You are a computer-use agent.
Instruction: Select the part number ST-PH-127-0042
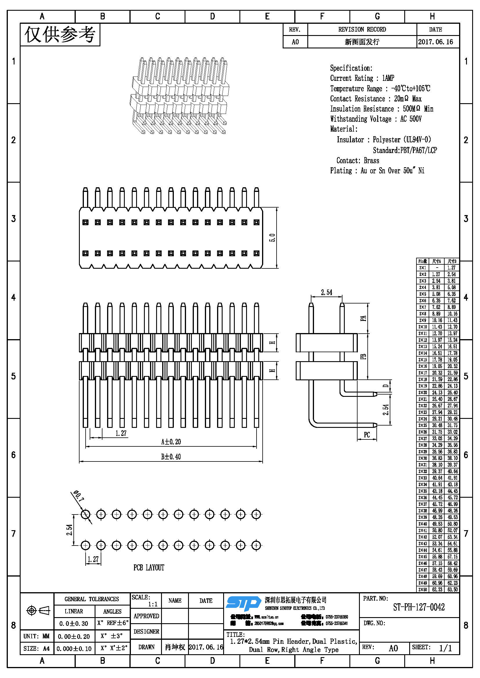point(418,607)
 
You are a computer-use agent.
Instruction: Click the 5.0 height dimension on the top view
point(272,238)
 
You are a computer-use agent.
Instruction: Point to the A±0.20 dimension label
point(171,442)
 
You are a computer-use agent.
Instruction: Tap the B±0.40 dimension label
point(171,457)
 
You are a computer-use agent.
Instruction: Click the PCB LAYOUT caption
point(149,568)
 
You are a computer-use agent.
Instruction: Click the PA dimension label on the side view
point(363,318)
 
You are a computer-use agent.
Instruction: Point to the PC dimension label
point(367,435)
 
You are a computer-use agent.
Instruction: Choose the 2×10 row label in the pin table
point(423,327)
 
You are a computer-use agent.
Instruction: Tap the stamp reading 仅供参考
point(60,35)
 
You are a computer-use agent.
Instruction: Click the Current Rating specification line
point(362,78)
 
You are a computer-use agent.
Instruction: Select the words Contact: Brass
point(358,161)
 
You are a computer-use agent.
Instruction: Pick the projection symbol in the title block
point(38,610)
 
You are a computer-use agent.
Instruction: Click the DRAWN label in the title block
point(146,647)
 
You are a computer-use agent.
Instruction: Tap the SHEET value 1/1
point(445,648)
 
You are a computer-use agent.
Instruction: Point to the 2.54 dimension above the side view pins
point(326,292)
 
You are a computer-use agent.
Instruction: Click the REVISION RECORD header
point(362,30)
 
